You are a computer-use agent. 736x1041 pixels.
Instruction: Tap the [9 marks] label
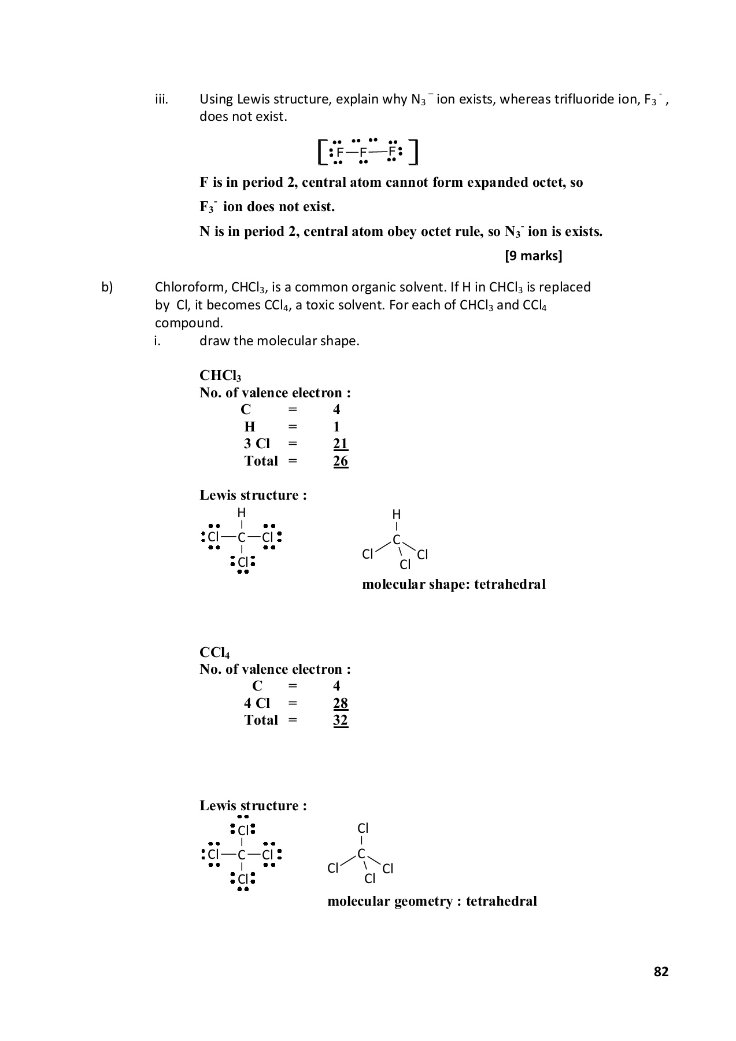click(533, 256)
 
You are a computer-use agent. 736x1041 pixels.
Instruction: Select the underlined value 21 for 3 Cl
click(341, 444)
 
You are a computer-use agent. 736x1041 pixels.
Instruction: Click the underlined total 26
click(341, 461)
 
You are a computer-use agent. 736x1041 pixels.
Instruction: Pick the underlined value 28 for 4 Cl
click(341, 703)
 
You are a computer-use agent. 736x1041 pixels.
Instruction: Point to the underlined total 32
click(341, 720)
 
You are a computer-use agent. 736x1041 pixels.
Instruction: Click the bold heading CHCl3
click(220, 376)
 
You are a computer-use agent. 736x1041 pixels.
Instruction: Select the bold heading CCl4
click(214, 652)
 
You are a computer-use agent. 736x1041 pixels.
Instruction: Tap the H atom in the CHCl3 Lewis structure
click(242, 512)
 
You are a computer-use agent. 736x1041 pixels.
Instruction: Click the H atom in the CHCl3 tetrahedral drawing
click(396, 514)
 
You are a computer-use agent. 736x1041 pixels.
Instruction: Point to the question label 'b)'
click(107, 287)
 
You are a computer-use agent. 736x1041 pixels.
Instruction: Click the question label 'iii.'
click(161, 99)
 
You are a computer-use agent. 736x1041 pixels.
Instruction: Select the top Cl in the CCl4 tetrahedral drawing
click(363, 828)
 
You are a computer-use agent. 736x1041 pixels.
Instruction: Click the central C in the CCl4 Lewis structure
click(242, 855)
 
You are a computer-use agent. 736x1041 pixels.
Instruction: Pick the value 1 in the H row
click(336, 427)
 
